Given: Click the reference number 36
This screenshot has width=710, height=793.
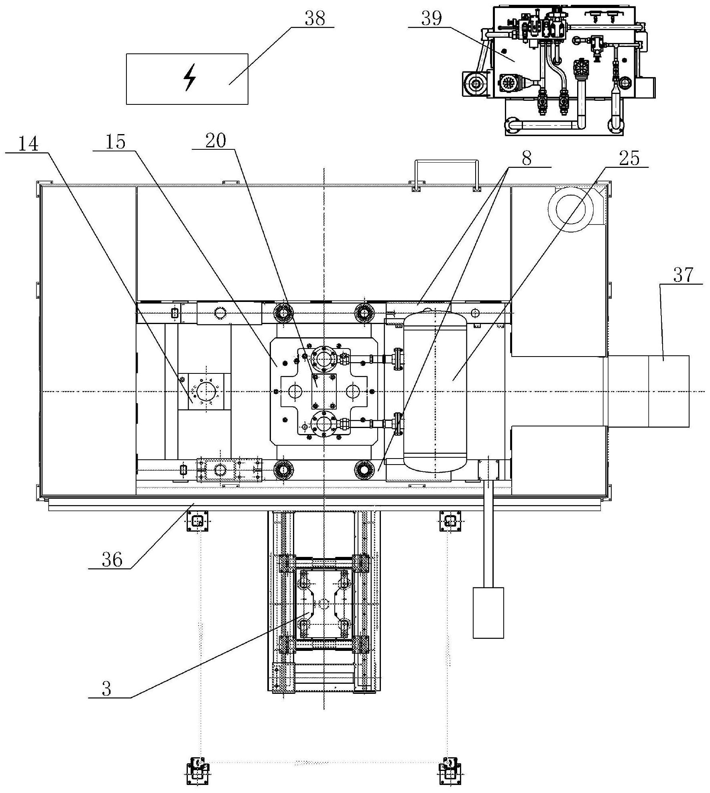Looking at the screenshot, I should (112, 559).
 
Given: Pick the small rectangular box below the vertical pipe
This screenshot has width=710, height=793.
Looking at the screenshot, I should (488, 613).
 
